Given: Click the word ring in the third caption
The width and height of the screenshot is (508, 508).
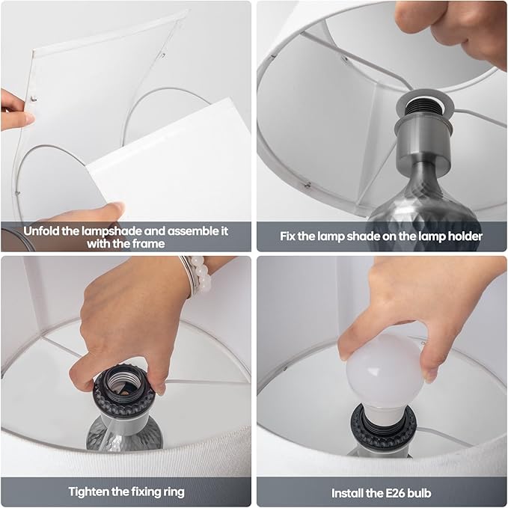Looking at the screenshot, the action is click(173, 492).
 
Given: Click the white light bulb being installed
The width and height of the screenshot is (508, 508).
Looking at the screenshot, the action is click(385, 376).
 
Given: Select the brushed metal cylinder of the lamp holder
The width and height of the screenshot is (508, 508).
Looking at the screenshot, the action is click(423, 141).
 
